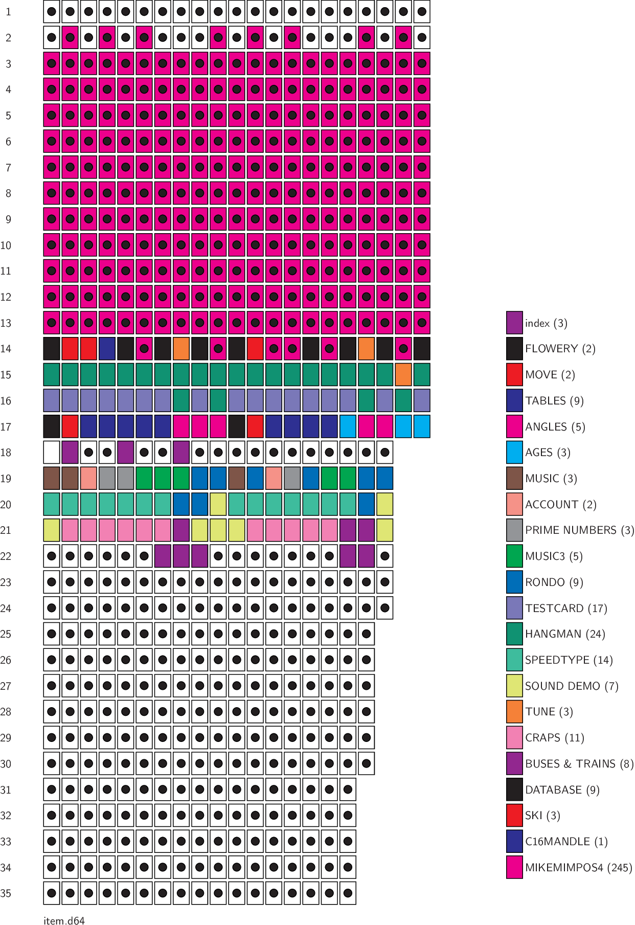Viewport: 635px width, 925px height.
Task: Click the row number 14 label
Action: coord(6,349)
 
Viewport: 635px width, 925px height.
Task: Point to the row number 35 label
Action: coord(6,893)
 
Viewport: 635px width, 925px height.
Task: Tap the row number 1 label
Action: coord(8,12)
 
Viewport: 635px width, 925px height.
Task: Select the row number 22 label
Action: coord(6,556)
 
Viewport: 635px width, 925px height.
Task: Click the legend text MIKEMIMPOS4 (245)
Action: coord(578,868)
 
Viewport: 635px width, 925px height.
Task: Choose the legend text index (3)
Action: coord(546,323)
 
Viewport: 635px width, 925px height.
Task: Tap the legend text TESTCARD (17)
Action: coord(565,608)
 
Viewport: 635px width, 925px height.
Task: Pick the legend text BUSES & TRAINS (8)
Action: coord(579,764)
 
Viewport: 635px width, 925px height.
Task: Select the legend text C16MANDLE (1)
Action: coord(566,842)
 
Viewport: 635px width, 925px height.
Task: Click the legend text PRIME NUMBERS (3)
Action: coord(579,530)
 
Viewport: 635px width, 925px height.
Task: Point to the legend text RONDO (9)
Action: coord(554,582)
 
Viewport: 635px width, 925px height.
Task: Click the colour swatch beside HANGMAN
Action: coord(514,634)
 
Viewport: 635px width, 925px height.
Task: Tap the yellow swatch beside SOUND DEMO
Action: coord(514,686)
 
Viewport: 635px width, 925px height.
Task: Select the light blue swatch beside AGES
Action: coord(514,453)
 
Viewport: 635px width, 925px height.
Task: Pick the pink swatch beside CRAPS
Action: coord(514,738)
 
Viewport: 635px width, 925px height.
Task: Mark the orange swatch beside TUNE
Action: coord(514,712)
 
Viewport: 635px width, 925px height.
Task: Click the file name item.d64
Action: coord(64,920)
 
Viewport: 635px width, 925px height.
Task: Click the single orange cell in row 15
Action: coord(403,375)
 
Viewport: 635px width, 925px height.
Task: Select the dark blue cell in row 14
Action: coord(107,349)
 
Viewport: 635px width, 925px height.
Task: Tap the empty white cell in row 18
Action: coord(52,453)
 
